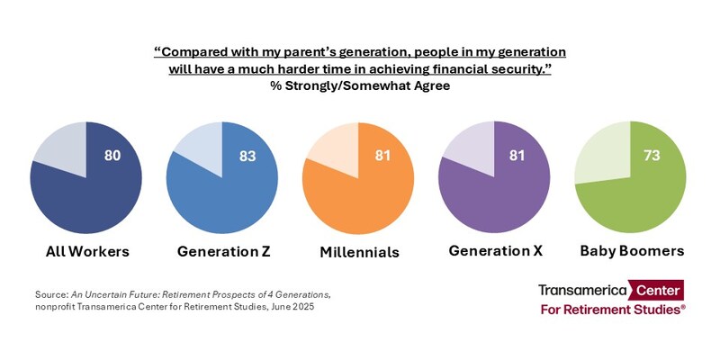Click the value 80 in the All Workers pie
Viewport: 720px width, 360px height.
(112, 156)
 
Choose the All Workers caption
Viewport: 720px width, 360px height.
(87, 251)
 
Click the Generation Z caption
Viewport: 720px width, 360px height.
(222, 251)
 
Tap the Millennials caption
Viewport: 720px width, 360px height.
(359, 252)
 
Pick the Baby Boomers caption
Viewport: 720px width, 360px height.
(632, 251)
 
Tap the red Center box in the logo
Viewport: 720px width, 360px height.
(657, 290)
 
